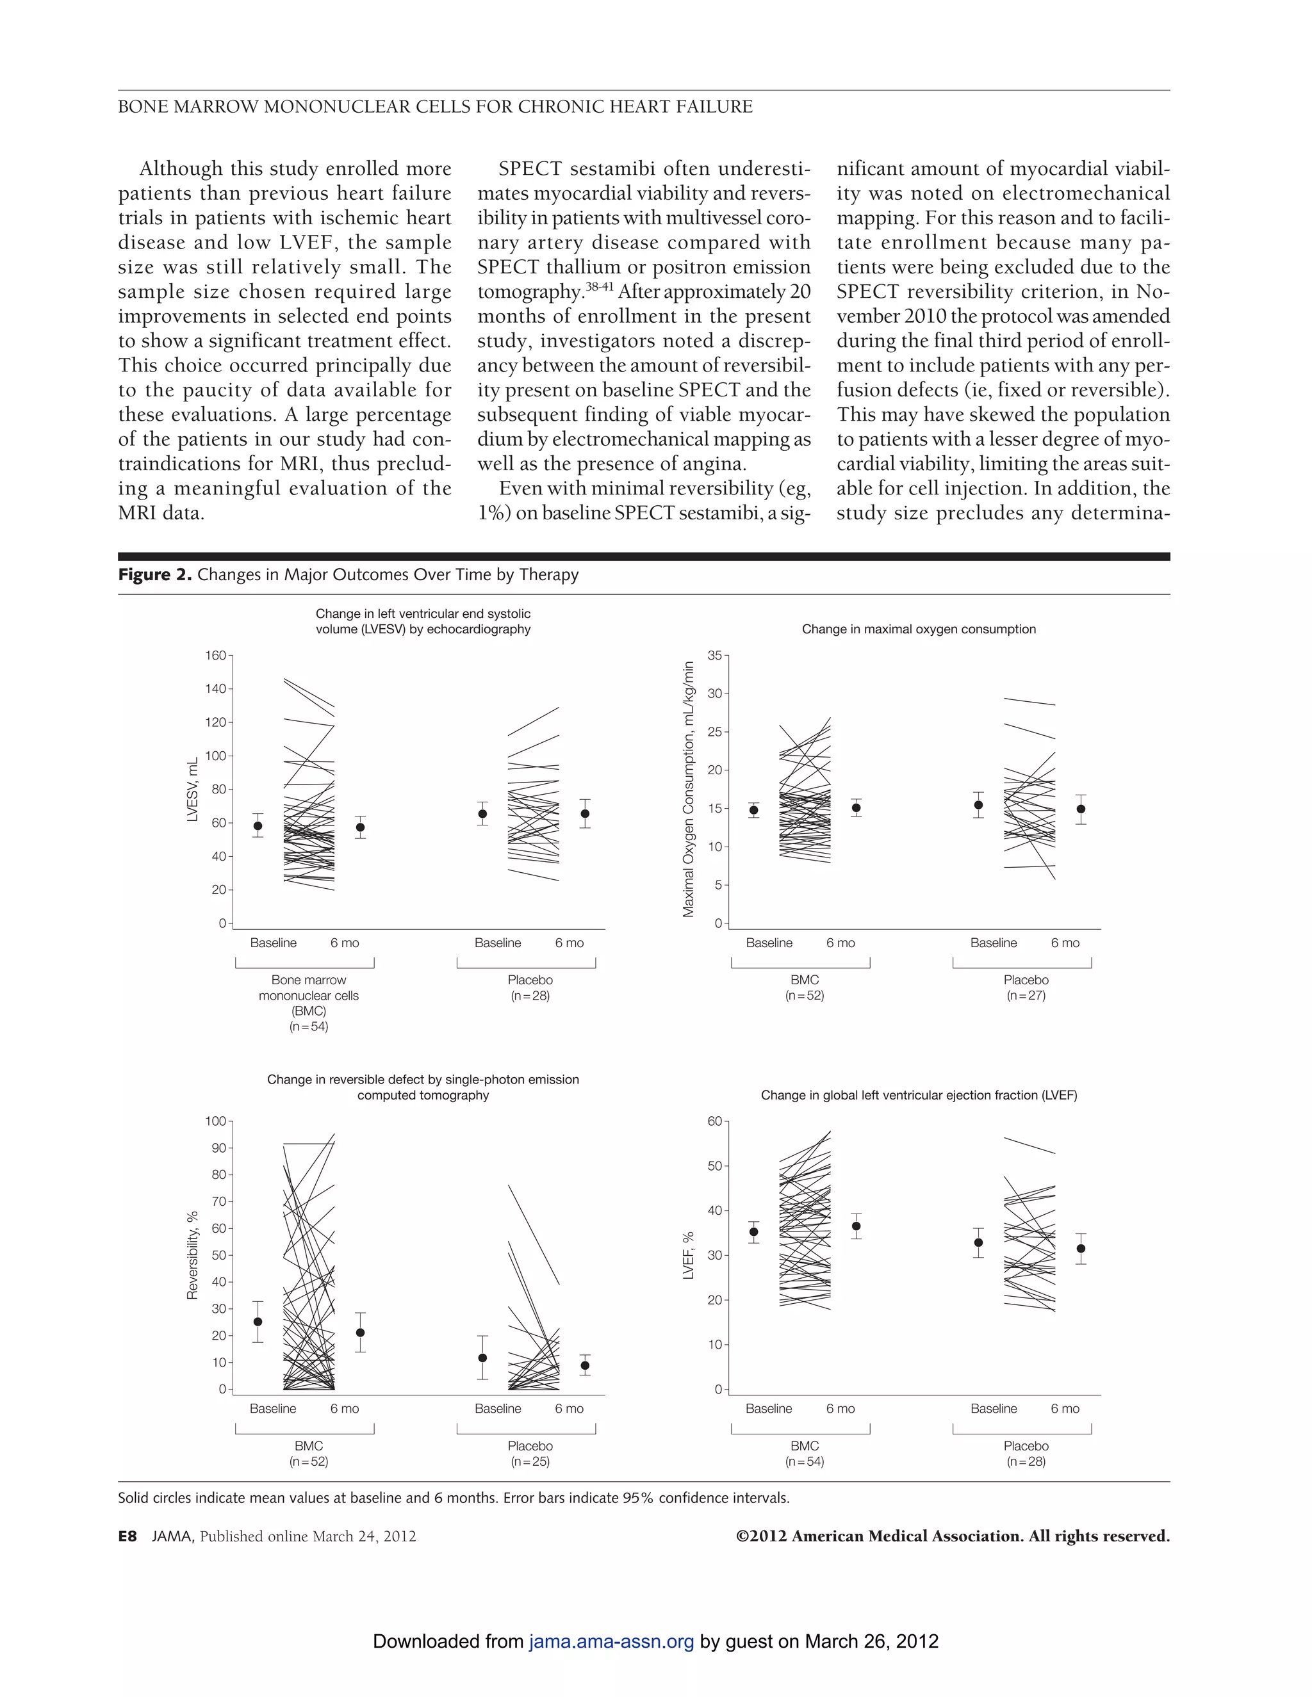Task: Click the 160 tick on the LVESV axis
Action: click(x=215, y=655)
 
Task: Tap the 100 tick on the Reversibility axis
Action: click(x=215, y=1121)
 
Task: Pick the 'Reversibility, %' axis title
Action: click(x=193, y=1254)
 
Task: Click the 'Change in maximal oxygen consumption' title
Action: click(x=919, y=629)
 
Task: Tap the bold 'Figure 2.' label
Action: click(x=154, y=574)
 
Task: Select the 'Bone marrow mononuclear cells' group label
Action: click(x=309, y=987)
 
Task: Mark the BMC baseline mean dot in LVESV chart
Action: click(x=258, y=826)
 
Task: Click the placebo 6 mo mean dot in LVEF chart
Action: click(x=1080, y=1249)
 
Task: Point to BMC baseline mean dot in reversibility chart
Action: click(x=258, y=1321)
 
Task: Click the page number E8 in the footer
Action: click(x=127, y=1536)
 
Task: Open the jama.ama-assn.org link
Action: click(x=611, y=1641)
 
